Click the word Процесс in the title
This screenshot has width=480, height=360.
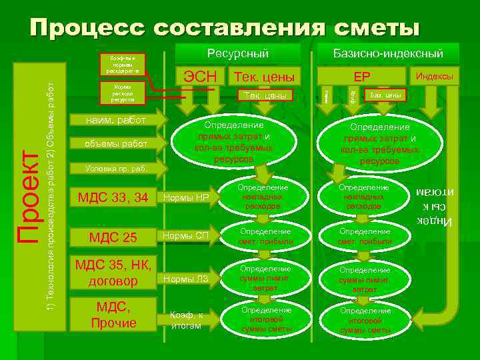87,28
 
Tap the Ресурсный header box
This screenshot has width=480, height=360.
237,53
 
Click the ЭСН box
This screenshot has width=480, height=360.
199,76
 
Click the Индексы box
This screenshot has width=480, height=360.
434,76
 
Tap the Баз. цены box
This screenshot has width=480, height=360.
385,95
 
